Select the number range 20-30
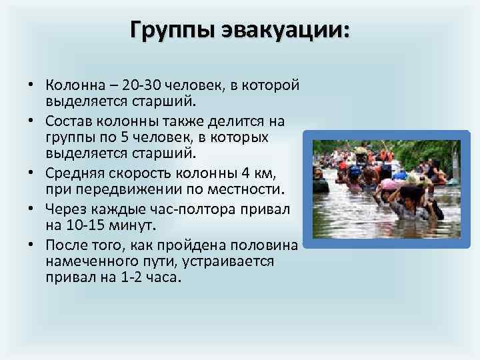pyautogui.click(x=147, y=86)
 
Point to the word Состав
pyautogui.click(x=68, y=121)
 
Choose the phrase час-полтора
pyautogui.click(x=192, y=209)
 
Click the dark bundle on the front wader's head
pyautogui.click(x=412, y=193)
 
